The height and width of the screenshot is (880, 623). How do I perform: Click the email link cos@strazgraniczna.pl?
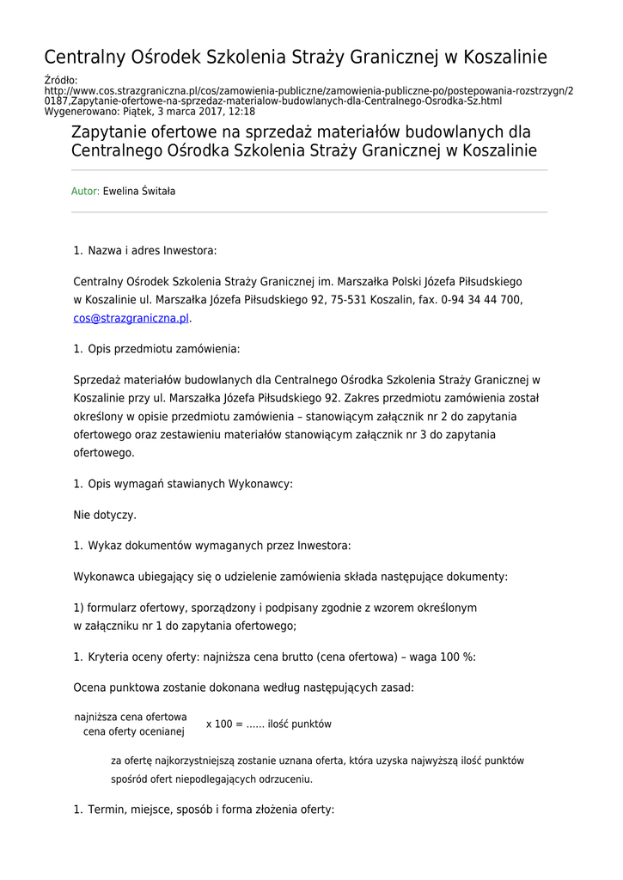coord(131,318)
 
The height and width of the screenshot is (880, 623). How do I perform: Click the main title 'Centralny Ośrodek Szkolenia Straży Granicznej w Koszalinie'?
coord(296,58)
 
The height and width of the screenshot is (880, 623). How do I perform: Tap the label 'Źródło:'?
coord(61,81)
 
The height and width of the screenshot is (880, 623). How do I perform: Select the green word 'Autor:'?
coord(85,192)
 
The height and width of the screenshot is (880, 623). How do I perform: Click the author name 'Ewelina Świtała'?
coord(139,192)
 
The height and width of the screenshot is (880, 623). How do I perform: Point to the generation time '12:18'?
coord(241,112)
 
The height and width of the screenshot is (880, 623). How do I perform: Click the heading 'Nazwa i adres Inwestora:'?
coord(152,251)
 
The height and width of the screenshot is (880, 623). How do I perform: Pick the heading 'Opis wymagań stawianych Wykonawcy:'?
coord(190,484)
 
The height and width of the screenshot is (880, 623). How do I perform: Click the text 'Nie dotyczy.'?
coord(105,516)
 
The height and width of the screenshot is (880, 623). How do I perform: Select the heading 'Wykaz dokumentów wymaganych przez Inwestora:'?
coord(219,546)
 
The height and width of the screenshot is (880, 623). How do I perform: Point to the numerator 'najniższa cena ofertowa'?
coord(131,717)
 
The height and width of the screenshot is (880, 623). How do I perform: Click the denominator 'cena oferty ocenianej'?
coord(134,732)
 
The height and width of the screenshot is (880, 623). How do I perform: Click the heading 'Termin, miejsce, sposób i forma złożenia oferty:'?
coord(211,810)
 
